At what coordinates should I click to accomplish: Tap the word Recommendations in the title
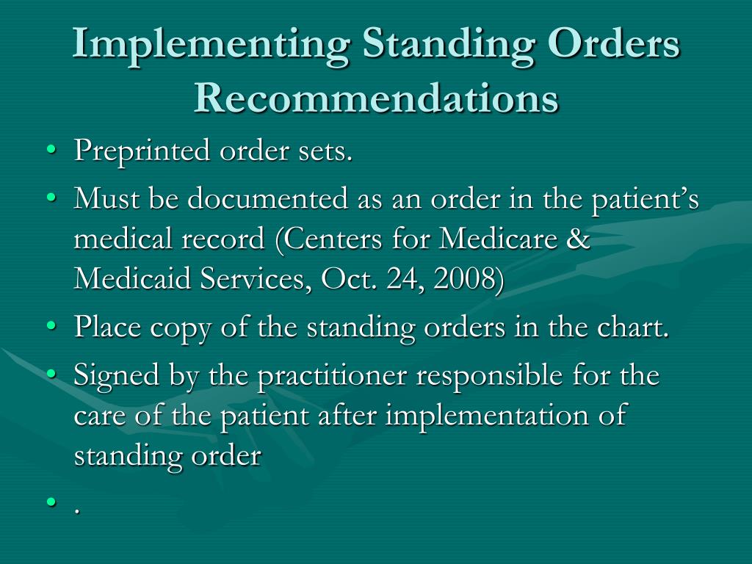376,98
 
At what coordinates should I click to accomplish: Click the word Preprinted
142,152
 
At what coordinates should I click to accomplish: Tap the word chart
640,328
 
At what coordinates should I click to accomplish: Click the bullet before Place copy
51,328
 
